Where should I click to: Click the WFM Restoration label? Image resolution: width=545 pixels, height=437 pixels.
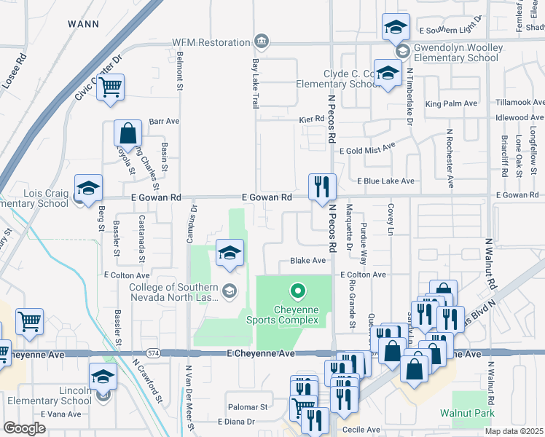pyautogui.click(x=211, y=42)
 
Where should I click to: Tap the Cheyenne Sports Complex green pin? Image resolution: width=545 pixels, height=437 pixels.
pyautogui.click(x=297, y=292)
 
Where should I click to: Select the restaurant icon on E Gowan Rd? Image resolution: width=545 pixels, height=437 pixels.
pyautogui.click(x=322, y=187)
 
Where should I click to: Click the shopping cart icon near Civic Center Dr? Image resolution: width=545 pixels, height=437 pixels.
pyautogui.click(x=110, y=87)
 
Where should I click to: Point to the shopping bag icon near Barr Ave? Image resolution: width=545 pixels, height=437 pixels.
pyautogui.click(x=128, y=133)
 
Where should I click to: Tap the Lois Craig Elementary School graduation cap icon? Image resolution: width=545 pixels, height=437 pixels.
pyautogui.click(x=89, y=188)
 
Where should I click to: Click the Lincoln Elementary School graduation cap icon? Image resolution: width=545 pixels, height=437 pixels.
pyautogui.click(x=103, y=377)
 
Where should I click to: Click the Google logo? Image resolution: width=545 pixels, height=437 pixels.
pyautogui.click(x=24, y=428)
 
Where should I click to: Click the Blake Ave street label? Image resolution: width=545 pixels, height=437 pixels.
pyautogui.click(x=307, y=260)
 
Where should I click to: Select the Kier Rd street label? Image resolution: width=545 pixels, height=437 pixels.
pyautogui.click(x=311, y=118)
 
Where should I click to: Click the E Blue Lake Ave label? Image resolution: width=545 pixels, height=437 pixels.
pyautogui.click(x=385, y=181)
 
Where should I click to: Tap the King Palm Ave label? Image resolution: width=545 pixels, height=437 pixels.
pyautogui.click(x=452, y=104)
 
